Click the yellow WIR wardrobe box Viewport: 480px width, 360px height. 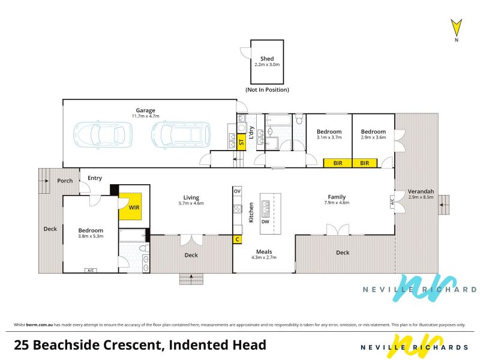[x=130, y=206]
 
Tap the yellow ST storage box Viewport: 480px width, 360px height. [x=241, y=142]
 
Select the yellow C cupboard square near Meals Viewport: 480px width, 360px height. [x=237, y=239]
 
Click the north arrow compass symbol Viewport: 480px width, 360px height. [x=456, y=28]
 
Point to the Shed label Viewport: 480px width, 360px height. [x=267, y=58]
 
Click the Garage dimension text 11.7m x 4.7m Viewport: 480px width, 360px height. [x=145, y=116]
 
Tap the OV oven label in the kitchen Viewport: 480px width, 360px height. [x=237, y=191]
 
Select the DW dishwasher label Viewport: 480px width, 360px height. [x=265, y=221]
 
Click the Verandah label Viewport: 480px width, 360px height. [x=421, y=191]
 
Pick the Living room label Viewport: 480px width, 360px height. [x=191, y=197]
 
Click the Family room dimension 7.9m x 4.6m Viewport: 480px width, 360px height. [x=337, y=202]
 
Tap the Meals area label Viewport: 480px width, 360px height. [x=264, y=251]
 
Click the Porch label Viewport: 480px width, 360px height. [x=65, y=181]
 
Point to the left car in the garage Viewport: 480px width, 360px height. [x=103, y=134]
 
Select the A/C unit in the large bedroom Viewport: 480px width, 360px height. [x=91, y=271]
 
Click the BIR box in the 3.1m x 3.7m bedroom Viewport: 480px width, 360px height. [x=338, y=163]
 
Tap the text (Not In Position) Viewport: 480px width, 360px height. [x=267, y=89]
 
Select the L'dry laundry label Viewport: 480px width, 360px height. [x=251, y=133]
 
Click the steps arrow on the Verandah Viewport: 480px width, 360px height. [x=443, y=205]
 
